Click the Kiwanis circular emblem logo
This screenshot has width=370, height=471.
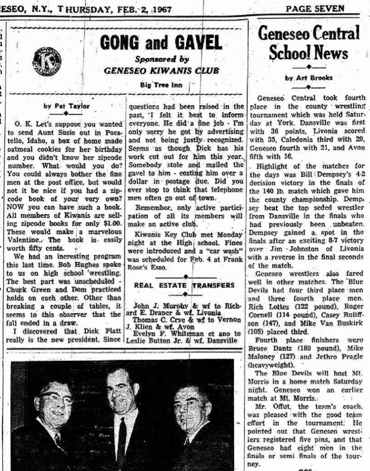[x=46, y=61]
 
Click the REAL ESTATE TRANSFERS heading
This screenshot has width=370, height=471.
[x=184, y=285]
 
